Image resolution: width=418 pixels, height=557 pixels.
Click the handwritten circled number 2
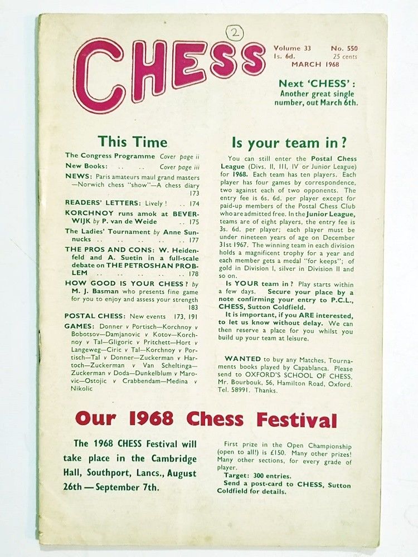pyautogui.click(x=234, y=33)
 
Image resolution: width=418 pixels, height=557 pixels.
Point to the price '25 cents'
pyautogui.click(x=345, y=56)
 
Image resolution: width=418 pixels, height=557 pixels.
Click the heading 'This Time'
pyautogui.click(x=132, y=141)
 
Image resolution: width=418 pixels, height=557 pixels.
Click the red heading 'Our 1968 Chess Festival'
pyautogui.click(x=206, y=419)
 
